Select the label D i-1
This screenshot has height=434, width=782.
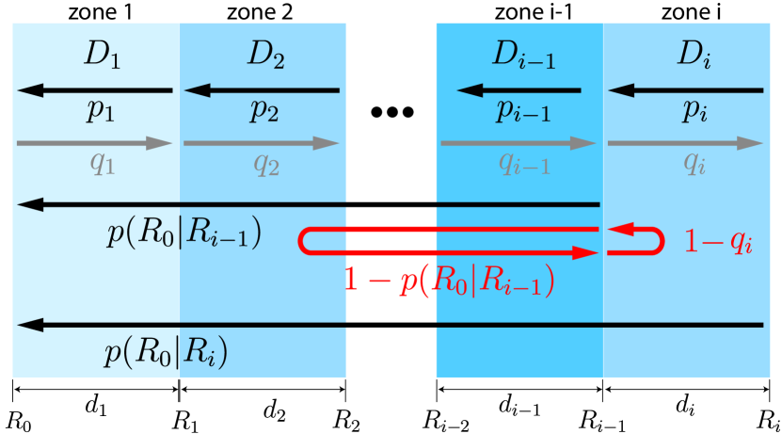click(x=523, y=56)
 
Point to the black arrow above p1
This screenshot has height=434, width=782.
click(x=95, y=91)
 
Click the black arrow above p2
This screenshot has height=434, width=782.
click(x=262, y=91)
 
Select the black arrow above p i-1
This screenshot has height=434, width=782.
click(x=519, y=91)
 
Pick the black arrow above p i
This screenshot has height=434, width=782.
click(x=685, y=91)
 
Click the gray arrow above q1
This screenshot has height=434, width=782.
click(x=95, y=144)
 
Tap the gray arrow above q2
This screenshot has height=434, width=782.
click(x=262, y=144)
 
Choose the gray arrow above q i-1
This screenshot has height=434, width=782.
click(x=519, y=144)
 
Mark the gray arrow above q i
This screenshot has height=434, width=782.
click(x=685, y=144)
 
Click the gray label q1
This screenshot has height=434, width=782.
click(x=102, y=164)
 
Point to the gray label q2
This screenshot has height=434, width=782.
click(x=266, y=164)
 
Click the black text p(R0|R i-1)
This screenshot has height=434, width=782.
click(x=184, y=233)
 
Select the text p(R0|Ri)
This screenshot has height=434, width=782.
click(x=166, y=353)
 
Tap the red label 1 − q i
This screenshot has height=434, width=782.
click(x=717, y=243)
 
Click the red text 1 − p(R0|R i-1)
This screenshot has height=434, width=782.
click(x=448, y=281)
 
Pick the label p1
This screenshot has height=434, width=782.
click(x=101, y=112)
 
